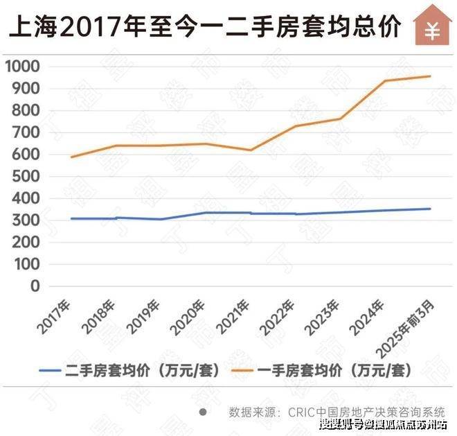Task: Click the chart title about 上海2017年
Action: pyautogui.click(x=204, y=27)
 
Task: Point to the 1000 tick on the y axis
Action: pyautogui.click(x=23, y=67)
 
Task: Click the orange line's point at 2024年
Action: pyautogui.click(x=386, y=81)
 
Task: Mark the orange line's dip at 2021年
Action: pyautogui.click(x=251, y=150)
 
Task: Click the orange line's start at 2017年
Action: pyautogui.click(x=71, y=157)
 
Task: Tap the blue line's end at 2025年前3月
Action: pyautogui.click(x=430, y=209)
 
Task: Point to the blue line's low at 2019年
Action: pyautogui.click(x=161, y=219)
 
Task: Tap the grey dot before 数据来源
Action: pyautogui.click(x=203, y=411)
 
